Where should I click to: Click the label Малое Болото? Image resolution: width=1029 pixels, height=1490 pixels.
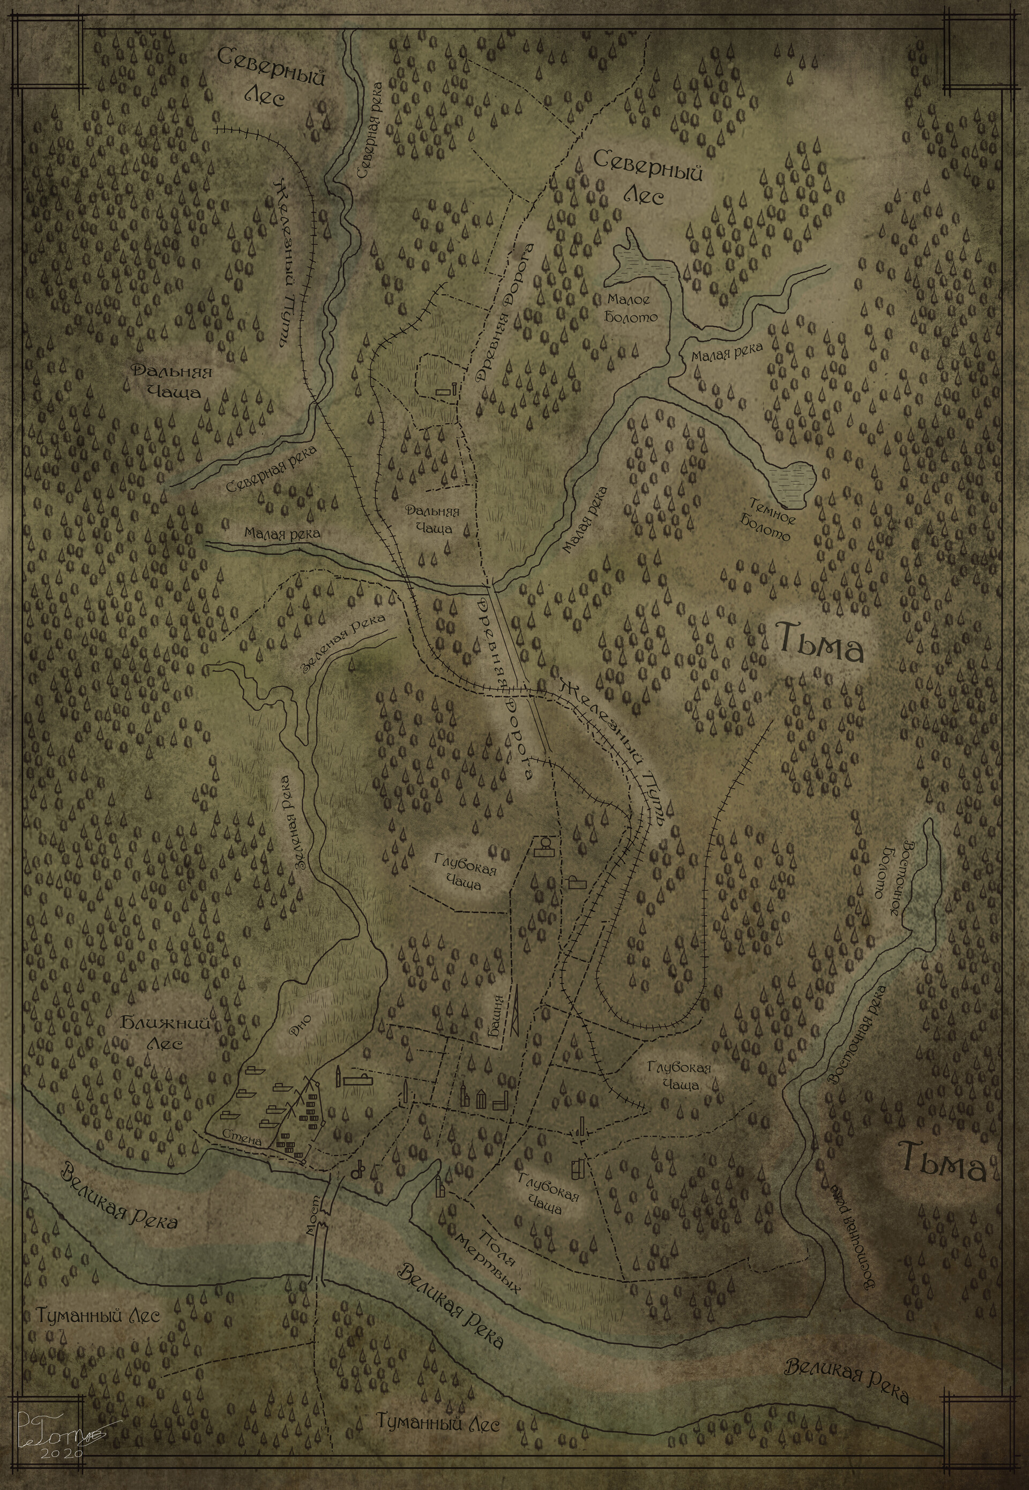(632, 308)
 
